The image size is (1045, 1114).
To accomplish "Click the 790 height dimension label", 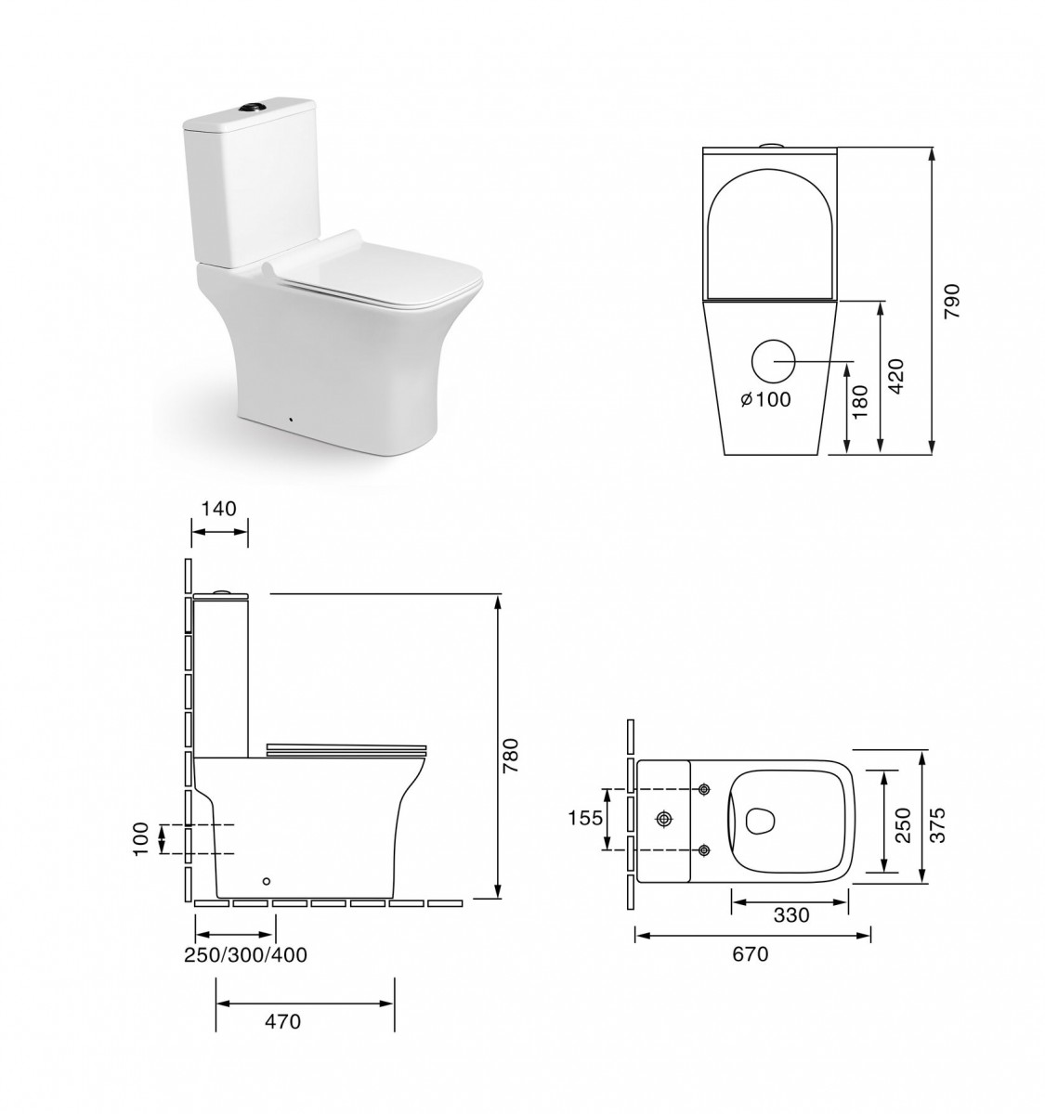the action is (x=952, y=302).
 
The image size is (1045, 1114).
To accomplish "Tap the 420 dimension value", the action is (x=896, y=376).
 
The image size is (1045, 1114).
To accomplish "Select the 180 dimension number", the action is (x=860, y=401).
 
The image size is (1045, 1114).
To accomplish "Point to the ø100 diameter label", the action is (x=765, y=399).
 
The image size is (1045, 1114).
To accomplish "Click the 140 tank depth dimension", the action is (x=219, y=508).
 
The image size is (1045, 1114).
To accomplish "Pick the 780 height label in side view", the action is (x=511, y=757).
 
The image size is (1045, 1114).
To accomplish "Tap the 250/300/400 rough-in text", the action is (x=245, y=955).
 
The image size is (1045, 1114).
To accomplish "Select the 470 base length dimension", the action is (x=283, y=1021).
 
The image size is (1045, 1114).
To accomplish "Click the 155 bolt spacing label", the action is (x=585, y=819).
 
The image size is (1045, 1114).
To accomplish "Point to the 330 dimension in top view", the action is (x=791, y=915).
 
